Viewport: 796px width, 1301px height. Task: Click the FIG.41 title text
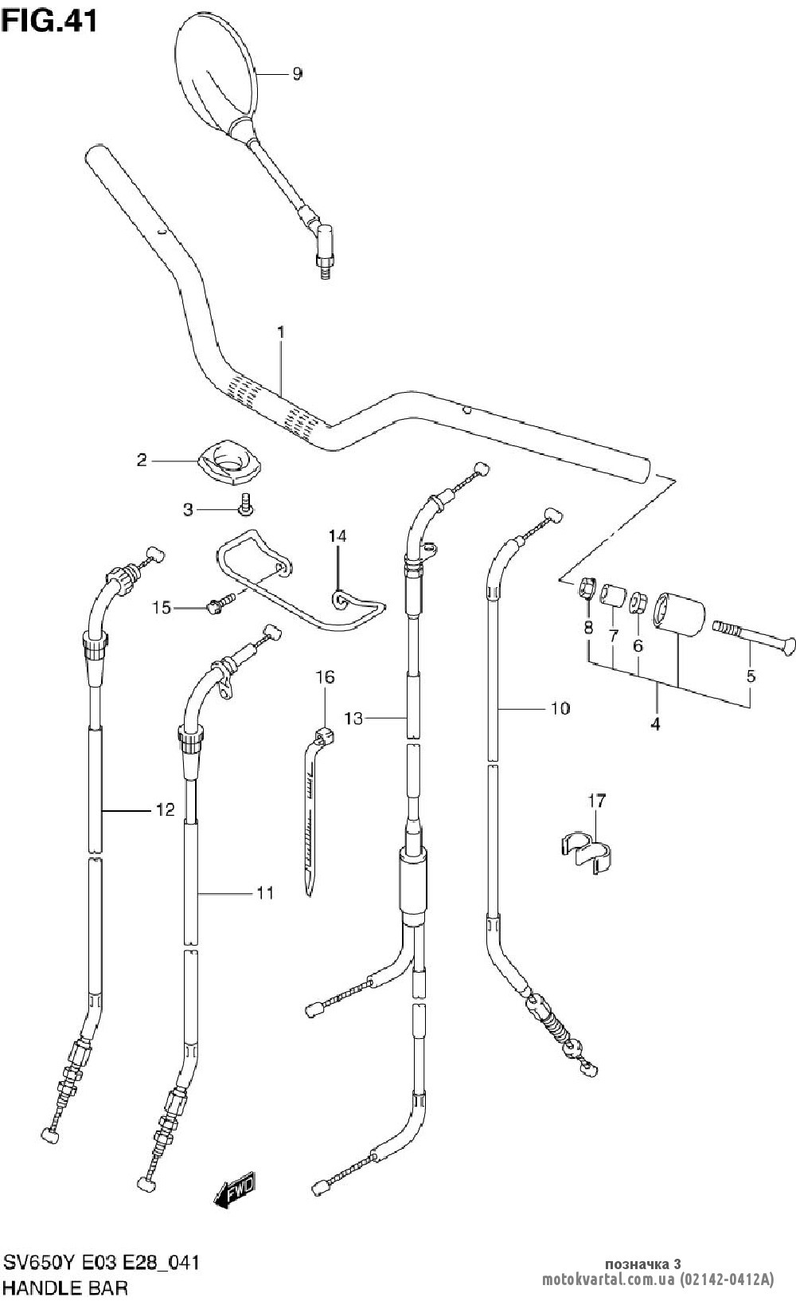pyautogui.click(x=49, y=22)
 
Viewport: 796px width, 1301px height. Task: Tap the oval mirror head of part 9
pyautogui.click(x=214, y=72)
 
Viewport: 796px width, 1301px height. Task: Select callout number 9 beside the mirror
pyautogui.click(x=297, y=74)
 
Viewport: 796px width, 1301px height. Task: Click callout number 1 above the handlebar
pyautogui.click(x=281, y=333)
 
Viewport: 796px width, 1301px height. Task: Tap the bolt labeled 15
pyautogui.click(x=220, y=603)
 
